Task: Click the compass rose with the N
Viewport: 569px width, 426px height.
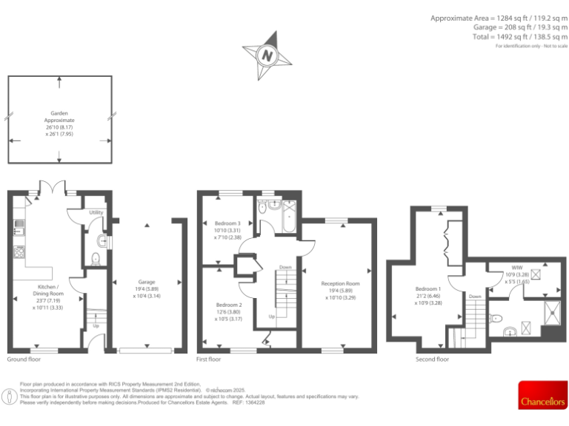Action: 267,54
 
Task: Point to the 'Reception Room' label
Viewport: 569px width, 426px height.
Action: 340,283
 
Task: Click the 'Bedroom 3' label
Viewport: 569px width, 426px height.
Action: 227,223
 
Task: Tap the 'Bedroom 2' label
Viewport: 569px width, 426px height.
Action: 229,305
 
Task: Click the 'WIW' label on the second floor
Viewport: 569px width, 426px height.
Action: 516,267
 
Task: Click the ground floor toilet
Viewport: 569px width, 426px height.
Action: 95,258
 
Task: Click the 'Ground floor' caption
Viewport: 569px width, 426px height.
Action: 24,359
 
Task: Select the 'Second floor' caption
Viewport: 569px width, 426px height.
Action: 433,359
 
